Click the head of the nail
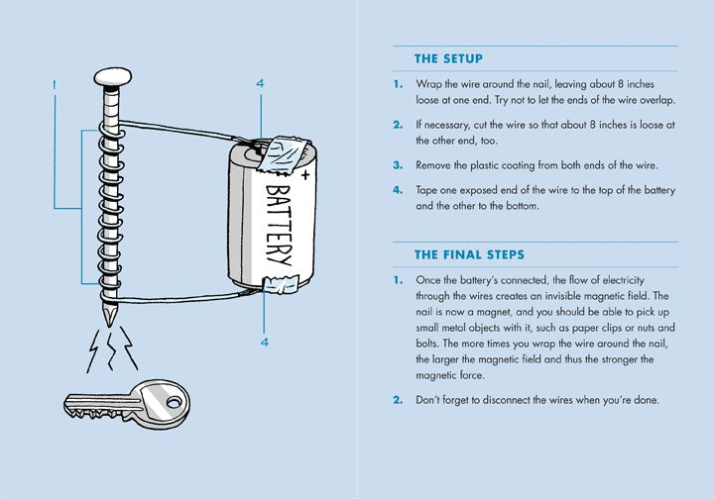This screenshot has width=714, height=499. [112, 76]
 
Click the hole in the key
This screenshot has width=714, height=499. [176, 403]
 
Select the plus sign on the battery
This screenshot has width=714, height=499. [304, 174]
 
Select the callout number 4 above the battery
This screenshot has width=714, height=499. [261, 85]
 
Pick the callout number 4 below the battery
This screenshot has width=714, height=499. [264, 343]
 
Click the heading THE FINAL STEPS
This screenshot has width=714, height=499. [469, 255]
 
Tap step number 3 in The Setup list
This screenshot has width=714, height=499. [397, 165]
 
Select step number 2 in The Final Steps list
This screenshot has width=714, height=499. [397, 400]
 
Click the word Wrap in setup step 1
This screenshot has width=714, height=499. [431, 84]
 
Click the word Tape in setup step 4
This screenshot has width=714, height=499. [429, 189]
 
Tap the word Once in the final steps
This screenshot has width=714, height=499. [431, 280]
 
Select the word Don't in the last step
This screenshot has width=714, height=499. [432, 400]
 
